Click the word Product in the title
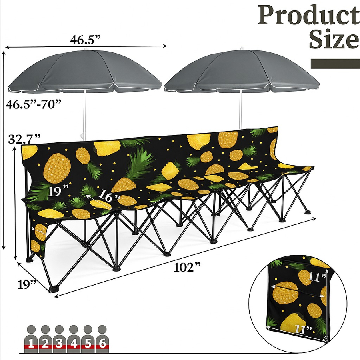point(309,16)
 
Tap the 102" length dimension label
point(187,267)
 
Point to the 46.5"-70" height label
point(34,104)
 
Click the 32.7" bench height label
point(24,139)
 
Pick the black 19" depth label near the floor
point(27,285)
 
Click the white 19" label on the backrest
point(58,192)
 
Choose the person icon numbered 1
point(32,339)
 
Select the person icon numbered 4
point(74,339)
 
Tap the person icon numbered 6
point(102,339)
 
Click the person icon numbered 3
point(60,339)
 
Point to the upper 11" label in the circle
point(317,277)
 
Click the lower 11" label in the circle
point(304,330)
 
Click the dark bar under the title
point(336,64)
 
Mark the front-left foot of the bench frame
point(54,289)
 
